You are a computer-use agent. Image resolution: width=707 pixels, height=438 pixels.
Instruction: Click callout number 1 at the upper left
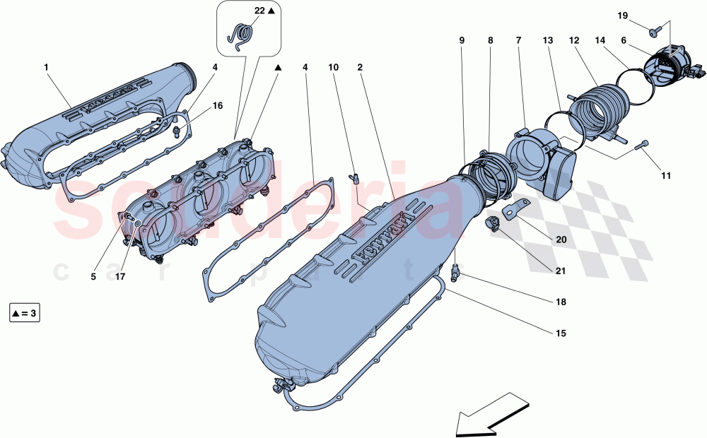[46, 67]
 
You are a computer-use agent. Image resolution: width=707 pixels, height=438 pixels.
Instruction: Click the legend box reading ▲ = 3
[25, 312]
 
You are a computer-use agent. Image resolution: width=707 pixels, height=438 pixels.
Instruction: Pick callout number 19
[623, 15]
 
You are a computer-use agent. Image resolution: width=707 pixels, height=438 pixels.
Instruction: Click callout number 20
[561, 239]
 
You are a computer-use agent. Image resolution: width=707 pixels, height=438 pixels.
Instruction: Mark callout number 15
[561, 332]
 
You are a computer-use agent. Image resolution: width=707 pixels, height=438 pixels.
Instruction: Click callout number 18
[561, 302]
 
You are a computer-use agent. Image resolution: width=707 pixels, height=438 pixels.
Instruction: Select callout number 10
[334, 67]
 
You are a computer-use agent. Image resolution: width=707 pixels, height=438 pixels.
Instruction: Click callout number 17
[120, 277]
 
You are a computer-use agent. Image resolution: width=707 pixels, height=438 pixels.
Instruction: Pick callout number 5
[93, 277]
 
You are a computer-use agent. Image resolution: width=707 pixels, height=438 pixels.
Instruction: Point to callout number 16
[218, 105]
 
